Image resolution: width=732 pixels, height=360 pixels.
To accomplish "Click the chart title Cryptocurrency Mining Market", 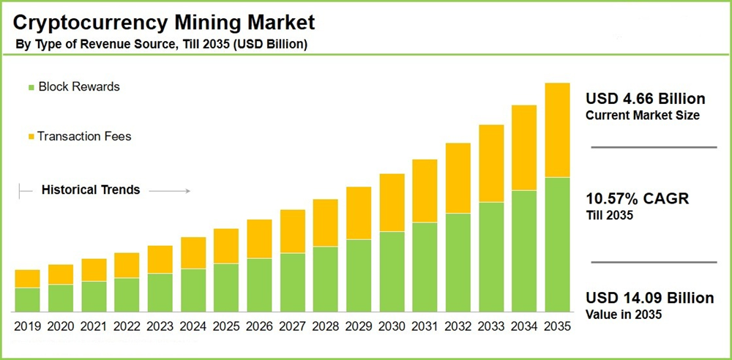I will (164, 19).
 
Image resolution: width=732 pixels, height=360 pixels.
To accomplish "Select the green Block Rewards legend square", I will (31, 87).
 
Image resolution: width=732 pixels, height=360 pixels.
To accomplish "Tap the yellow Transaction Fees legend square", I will (31, 137).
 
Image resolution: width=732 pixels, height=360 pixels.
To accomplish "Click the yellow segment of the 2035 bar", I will (558, 130).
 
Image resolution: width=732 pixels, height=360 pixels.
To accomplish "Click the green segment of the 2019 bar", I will (27, 299).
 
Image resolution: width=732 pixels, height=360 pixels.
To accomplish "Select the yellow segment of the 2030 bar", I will (392, 203).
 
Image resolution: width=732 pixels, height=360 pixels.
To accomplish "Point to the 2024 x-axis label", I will (193, 326).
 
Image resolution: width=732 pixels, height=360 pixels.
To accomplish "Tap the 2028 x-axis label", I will (326, 326).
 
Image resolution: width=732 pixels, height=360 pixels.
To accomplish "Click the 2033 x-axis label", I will (491, 326).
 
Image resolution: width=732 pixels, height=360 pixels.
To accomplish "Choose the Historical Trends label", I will (91, 190).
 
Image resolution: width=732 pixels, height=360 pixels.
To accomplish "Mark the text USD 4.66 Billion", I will (646, 99).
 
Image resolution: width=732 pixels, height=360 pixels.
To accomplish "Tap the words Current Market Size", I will (643, 116).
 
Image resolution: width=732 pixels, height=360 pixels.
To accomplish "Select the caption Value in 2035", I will (624, 315).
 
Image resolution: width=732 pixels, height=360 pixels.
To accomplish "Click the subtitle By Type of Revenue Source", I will (110, 45).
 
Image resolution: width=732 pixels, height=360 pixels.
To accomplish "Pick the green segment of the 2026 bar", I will (259, 284).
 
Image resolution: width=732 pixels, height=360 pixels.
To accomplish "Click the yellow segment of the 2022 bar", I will (127, 265).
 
